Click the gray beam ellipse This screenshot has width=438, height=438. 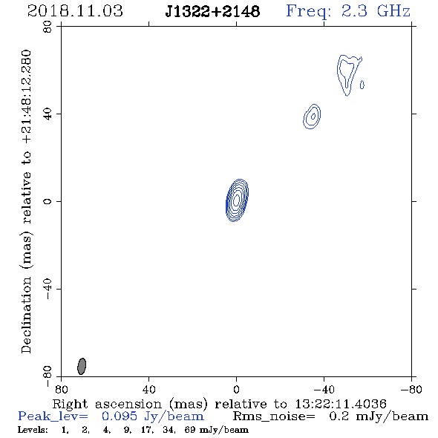point(82,366)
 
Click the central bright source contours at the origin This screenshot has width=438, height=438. point(237,200)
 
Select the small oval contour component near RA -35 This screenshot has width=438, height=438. point(312,117)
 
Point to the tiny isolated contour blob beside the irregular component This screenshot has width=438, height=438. point(362,85)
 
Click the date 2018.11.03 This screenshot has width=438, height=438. point(75,11)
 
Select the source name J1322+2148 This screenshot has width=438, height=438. point(212,12)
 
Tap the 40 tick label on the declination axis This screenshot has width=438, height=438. point(48,114)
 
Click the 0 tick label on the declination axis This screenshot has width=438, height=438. point(48,201)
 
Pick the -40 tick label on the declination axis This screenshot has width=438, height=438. point(48,289)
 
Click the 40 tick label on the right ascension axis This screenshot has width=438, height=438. point(148,389)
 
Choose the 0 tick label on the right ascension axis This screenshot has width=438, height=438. point(236,389)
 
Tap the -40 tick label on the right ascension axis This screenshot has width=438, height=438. point(324,389)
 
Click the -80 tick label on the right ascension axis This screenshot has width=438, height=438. point(411,389)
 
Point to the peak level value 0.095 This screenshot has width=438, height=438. point(120,416)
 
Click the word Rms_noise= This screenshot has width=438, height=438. point(274,416)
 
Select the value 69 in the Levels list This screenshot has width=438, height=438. point(190,430)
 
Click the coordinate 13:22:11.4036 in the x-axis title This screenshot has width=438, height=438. point(341,404)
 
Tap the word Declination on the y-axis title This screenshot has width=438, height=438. point(26,315)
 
